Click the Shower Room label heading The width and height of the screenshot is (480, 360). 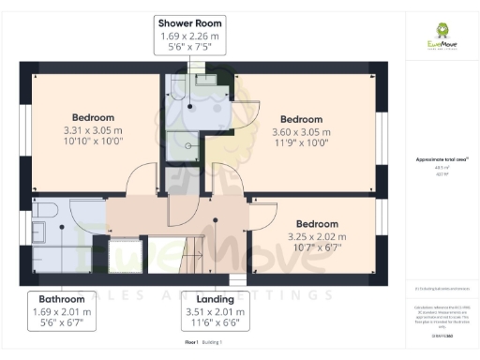189,22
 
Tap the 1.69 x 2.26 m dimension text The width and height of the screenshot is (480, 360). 189,35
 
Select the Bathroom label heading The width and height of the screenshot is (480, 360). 62,299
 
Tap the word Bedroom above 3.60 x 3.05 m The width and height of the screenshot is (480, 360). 301,119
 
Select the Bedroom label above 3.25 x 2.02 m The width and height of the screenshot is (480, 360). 317,224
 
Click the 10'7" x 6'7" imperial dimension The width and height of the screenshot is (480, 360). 317,248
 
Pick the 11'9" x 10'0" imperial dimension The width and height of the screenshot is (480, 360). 301,143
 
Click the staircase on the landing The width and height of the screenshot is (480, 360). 196,253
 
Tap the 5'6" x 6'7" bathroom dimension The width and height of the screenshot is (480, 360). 62,323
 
